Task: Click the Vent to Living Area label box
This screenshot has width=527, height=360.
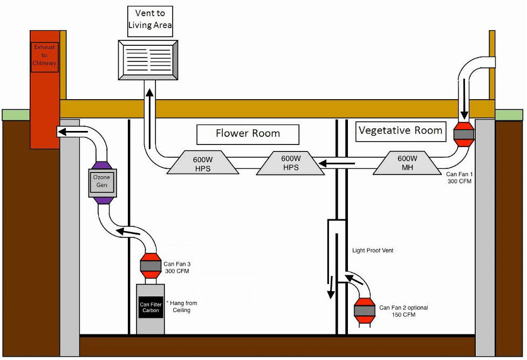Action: pos(150,18)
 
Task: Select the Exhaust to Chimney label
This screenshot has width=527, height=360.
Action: pos(45,55)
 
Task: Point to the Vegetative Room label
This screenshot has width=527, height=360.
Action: pos(400,130)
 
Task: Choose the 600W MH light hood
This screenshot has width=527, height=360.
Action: pos(407,163)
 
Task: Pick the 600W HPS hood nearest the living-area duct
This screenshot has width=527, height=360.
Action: pos(202,163)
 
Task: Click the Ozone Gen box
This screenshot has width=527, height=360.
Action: pos(101,181)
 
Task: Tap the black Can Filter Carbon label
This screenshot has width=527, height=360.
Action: pos(151,308)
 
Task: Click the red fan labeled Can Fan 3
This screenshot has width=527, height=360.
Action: pos(150,266)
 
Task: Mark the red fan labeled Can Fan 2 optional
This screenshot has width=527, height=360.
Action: pos(365,310)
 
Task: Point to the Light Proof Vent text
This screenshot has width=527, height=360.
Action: pos(373,251)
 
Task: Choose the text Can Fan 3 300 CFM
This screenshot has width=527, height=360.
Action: pos(177,267)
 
